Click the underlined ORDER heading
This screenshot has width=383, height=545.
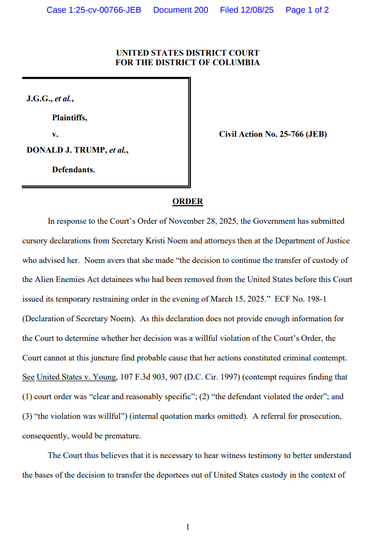[187, 201]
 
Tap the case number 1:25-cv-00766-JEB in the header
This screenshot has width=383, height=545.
[94, 10]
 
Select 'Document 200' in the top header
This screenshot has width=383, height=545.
[180, 10]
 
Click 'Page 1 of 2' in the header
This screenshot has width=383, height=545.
[307, 10]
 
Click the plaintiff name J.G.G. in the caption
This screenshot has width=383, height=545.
[39, 99]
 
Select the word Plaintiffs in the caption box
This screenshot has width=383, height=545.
[69, 118]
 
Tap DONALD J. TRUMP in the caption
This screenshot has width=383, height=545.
[67, 150]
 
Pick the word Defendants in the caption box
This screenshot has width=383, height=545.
[73, 170]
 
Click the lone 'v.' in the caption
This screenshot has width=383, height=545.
[55, 134]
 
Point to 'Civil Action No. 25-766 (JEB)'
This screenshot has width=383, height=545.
[273, 134]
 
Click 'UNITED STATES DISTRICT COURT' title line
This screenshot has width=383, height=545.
[187, 53]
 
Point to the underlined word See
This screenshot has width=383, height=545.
[28, 377]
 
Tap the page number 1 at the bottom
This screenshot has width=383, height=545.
[187, 526]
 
